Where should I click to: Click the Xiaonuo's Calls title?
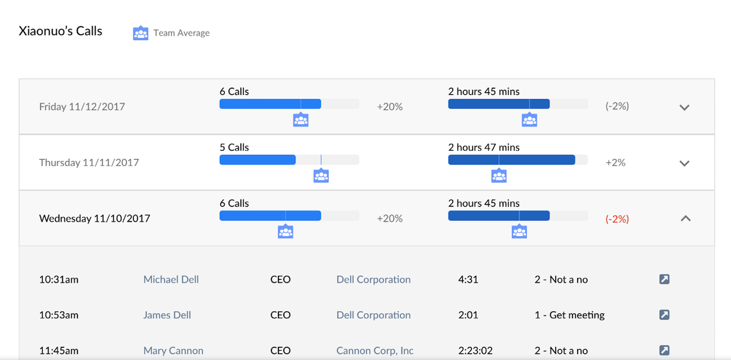(61, 31)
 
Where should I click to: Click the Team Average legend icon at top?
(140, 33)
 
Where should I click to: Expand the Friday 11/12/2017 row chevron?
(684, 107)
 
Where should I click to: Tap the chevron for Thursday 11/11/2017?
(684, 163)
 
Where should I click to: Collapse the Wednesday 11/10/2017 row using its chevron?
(686, 218)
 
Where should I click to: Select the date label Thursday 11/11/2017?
(89, 162)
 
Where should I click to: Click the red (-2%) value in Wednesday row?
(617, 218)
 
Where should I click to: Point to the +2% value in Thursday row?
(615, 162)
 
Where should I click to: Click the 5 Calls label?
(234, 147)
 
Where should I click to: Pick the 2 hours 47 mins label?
(483, 147)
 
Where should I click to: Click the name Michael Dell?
(171, 279)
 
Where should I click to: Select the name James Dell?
(167, 315)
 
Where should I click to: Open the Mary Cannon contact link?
(173, 350)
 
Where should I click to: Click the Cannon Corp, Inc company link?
(374, 350)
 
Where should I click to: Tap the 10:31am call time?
(58, 279)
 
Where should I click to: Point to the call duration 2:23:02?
(475, 350)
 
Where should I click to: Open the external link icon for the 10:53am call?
(664, 315)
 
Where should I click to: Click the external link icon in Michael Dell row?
(664, 279)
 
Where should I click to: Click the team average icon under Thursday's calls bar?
(321, 175)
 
